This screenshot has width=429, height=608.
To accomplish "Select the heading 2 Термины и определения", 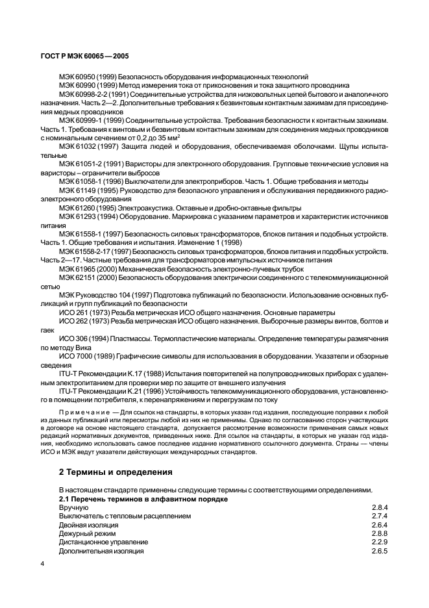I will point(111,472).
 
